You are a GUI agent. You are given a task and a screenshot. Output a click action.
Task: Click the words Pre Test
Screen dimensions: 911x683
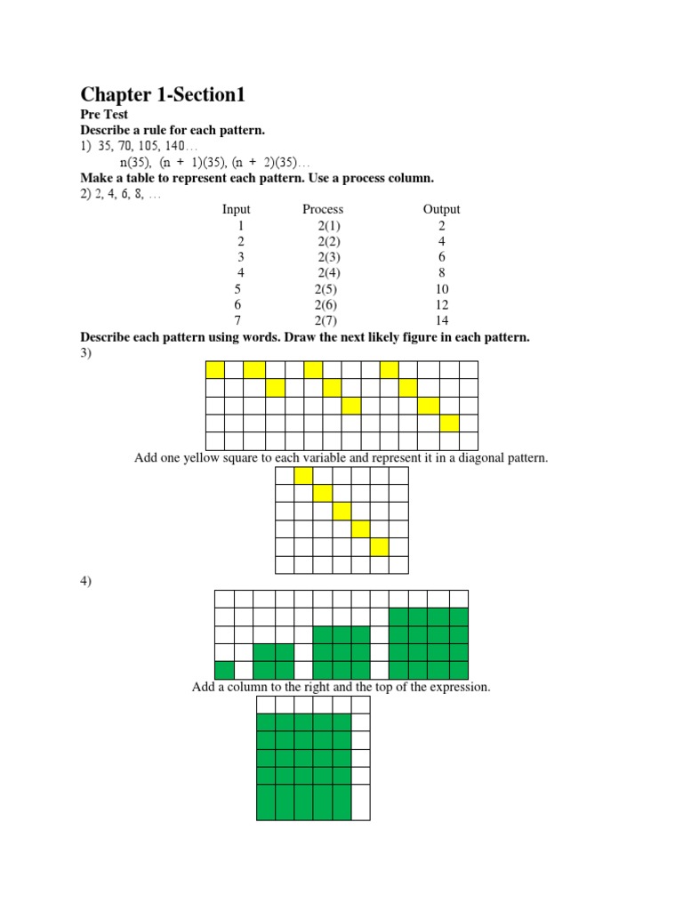tap(105, 115)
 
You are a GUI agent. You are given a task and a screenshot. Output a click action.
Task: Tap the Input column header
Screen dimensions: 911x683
tap(237, 210)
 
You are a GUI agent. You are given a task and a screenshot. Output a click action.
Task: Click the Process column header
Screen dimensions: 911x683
tap(323, 210)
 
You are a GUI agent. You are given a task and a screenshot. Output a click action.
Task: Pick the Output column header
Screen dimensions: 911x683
tap(442, 210)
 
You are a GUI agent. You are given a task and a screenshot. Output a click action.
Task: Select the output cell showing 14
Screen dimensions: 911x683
tap(442, 320)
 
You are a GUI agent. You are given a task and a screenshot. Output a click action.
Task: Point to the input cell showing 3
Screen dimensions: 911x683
tap(240, 257)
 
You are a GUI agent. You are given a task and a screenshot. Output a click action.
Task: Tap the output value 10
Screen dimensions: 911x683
tap(442, 289)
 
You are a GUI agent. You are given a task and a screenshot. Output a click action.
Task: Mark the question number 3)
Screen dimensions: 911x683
tap(86, 353)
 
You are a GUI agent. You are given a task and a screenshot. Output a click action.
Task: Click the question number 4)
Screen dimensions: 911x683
tap(86, 582)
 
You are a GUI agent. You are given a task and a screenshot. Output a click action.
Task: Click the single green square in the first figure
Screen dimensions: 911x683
tap(224, 670)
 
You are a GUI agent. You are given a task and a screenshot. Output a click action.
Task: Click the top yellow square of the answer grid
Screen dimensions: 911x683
tap(303, 476)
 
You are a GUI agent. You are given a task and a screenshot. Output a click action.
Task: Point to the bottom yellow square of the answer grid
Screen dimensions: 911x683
tap(379, 547)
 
